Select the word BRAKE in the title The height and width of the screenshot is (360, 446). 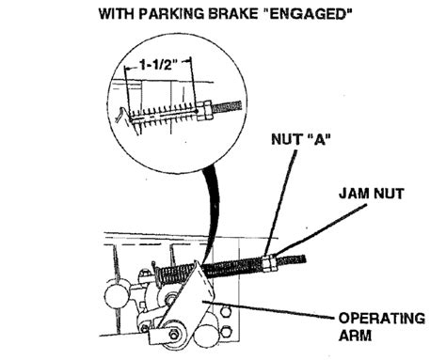tap(247, 15)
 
